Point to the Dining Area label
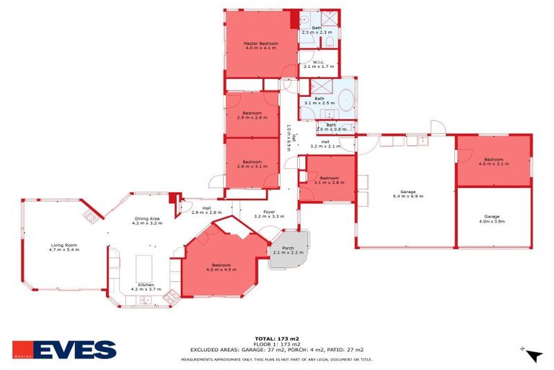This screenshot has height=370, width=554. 146,221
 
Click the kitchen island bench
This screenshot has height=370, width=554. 146,263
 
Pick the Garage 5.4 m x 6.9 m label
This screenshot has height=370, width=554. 406,194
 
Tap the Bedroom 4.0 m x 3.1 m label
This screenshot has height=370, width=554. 493,161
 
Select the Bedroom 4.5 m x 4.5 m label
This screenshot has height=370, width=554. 221,267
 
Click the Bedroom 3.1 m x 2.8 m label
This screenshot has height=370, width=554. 329,180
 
